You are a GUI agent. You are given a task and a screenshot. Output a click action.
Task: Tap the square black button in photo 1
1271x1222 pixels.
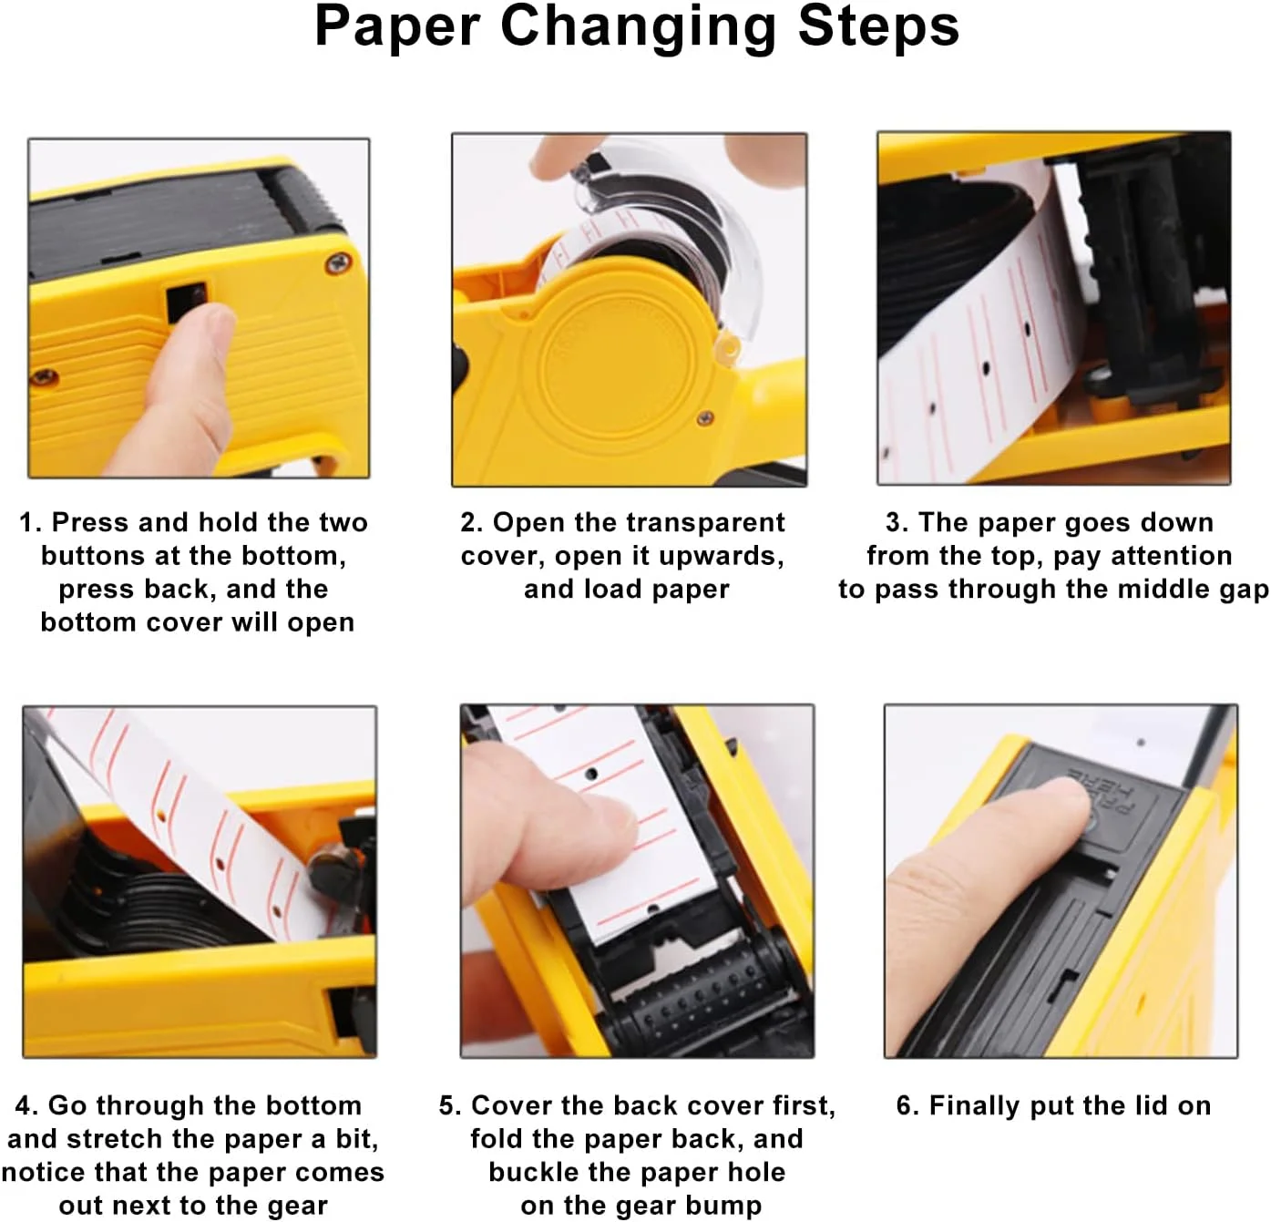[x=188, y=302]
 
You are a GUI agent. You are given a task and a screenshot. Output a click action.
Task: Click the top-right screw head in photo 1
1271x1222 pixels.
[x=338, y=263]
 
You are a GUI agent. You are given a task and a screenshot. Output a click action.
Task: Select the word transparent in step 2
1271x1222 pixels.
[x=706, y=522]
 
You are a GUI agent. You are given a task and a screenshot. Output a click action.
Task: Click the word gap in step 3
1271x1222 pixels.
[x=1245, y=590]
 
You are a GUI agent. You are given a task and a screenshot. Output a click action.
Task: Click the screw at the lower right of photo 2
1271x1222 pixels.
[x=704, y=418]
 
